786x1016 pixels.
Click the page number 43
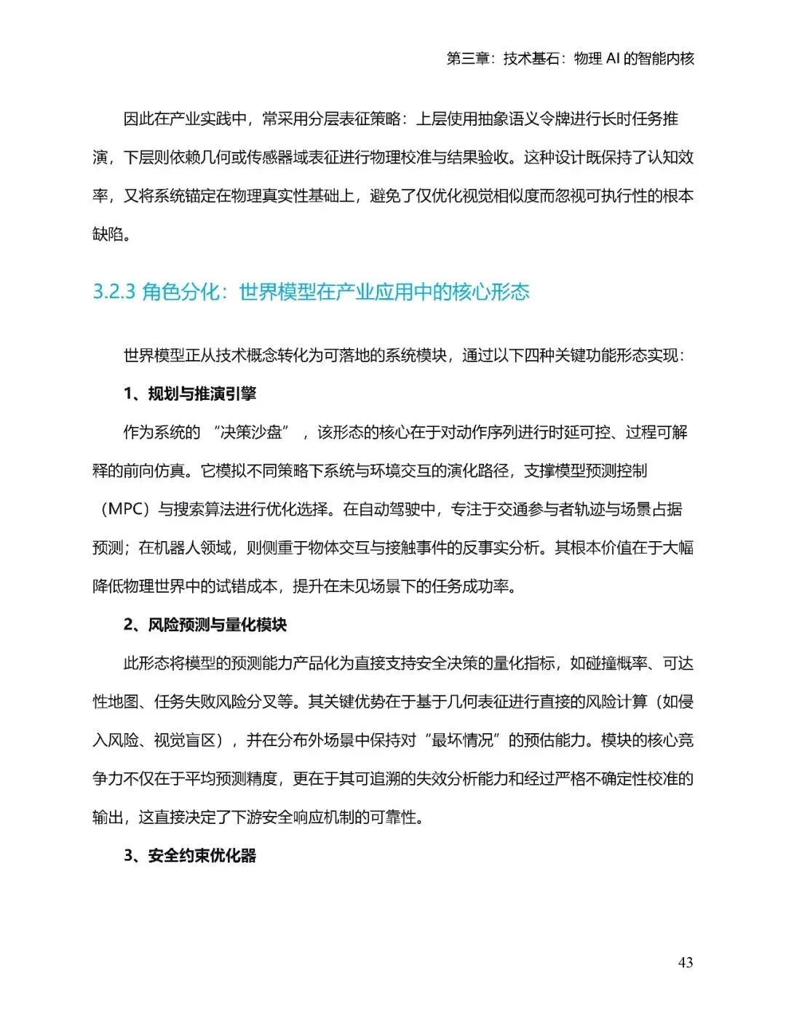point(685,962)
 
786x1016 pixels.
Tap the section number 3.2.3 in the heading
point(114,292)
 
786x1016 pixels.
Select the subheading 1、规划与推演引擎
point(190,393)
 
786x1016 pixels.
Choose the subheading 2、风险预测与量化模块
point(205,625)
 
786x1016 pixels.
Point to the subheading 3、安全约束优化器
point(190,855)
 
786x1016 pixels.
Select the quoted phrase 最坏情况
point(463,740)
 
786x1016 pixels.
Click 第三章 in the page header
point(467,58)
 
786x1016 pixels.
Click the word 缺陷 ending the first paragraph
point(108,234)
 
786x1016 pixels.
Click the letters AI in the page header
point(613,58)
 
